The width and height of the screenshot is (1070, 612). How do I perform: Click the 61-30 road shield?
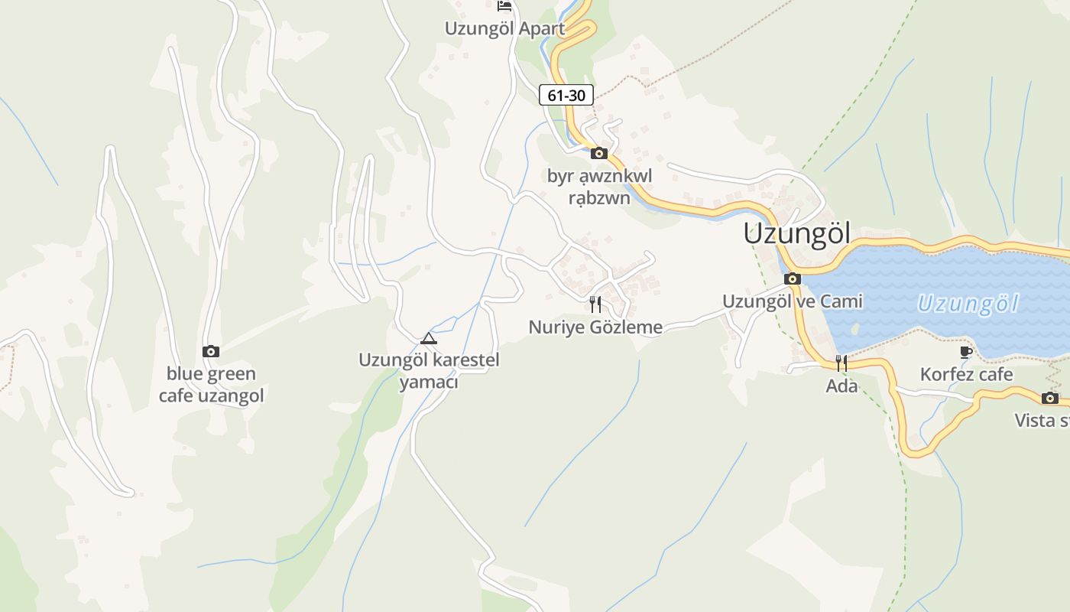coord(566,95)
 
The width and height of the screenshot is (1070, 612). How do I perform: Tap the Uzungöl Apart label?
coord(505,29)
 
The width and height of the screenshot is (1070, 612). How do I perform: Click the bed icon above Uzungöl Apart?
coord(504,6)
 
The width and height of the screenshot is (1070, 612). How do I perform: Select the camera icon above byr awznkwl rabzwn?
coord(599,153)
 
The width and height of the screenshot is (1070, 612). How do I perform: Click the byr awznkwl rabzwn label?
coord(599,187)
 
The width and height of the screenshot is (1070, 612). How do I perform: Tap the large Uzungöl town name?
coord(796,234)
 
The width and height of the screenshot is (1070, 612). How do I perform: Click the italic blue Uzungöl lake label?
coord(968,304)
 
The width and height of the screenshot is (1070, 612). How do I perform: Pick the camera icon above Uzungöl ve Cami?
coord(793,278)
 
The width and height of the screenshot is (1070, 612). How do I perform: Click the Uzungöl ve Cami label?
coord(793,301)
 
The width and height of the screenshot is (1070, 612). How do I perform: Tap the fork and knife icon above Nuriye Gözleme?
coord(595,304)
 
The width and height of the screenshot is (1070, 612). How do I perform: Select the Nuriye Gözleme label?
coord(595,327)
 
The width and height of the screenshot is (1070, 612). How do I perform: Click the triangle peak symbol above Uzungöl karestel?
coord(429,338)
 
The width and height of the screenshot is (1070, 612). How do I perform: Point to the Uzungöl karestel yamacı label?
coord(429,370)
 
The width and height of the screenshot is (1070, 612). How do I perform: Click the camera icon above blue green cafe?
coord(211,351)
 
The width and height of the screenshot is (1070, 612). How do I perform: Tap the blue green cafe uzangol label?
coord(211,385)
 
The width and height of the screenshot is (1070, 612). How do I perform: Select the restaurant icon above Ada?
coord(841,363)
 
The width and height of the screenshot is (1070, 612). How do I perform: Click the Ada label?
coord(841,386)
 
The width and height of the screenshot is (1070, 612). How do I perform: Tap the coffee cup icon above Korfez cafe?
coord(966,352)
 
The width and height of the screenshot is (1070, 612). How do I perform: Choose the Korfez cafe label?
coord(966,375)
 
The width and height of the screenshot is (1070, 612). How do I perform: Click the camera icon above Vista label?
coord(1050,398)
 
